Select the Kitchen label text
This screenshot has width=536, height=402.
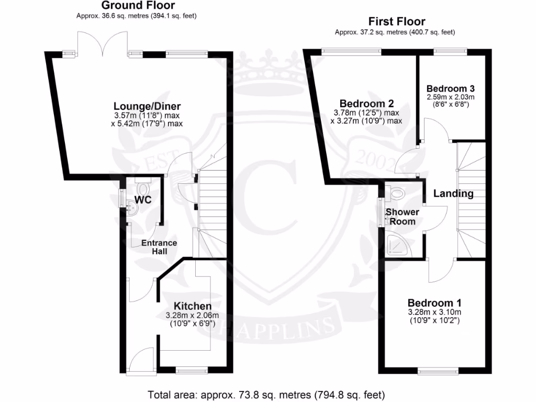click(x=193, y=306)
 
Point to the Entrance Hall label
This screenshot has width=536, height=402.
click(x=160, y=247)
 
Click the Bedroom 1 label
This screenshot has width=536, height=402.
click(x=434, y=303)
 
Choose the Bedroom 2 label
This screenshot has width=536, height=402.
click(x=366, y=103)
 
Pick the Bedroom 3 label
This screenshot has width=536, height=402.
click(x=450, y=88)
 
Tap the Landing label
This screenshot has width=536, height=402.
click(x=453, y=194)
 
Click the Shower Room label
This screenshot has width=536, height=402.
click(x=402, y=217)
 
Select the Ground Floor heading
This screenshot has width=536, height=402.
click(x=138, y=6)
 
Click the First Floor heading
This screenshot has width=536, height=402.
click(x=397, y=21)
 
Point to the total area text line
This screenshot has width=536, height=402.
click(x=267, y=394)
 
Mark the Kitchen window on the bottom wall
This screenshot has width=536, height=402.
click(x=188, y=371)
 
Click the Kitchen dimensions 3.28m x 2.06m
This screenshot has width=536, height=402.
click(x=192, y=315)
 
